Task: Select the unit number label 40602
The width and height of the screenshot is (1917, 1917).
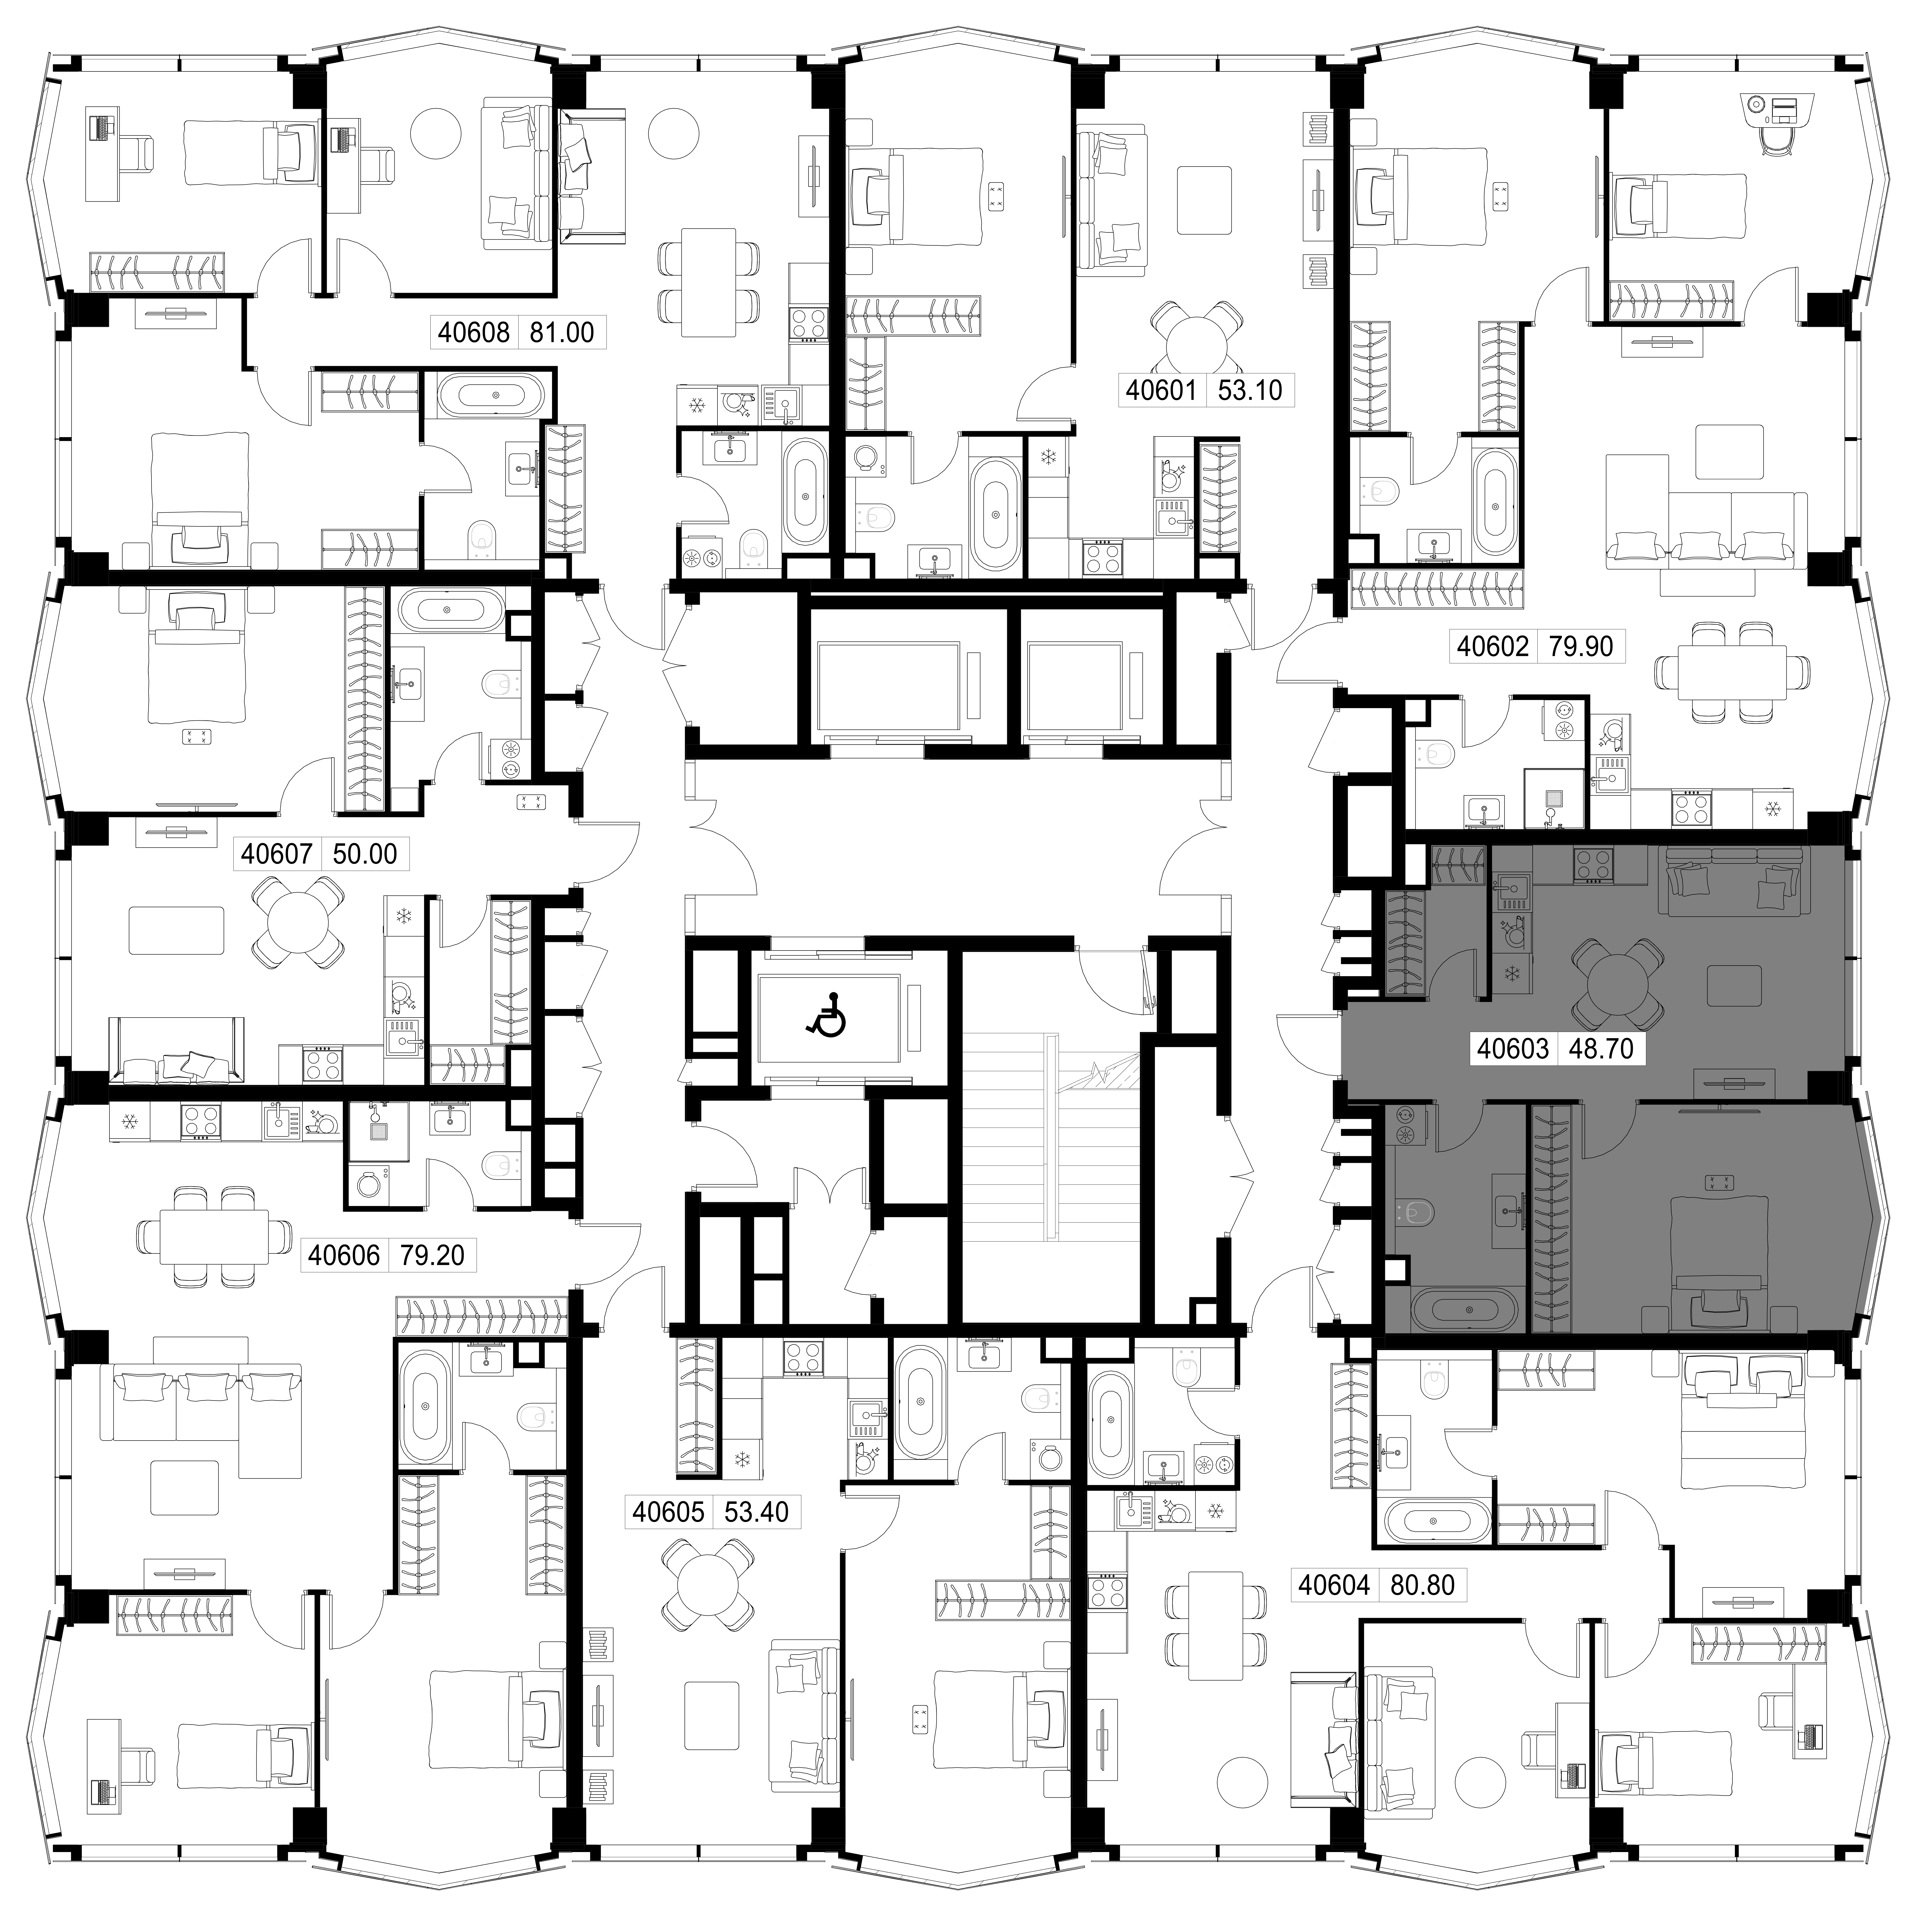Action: (1492, 646)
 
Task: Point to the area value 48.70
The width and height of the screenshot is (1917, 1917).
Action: (1600, 1049)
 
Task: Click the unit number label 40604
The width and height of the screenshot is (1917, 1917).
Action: (1334, 1585)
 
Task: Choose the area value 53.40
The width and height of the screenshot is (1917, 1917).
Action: (756, 1512)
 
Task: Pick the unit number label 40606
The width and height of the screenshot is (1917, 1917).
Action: (343, 1255)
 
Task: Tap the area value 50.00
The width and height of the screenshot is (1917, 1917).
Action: (364, 853)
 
